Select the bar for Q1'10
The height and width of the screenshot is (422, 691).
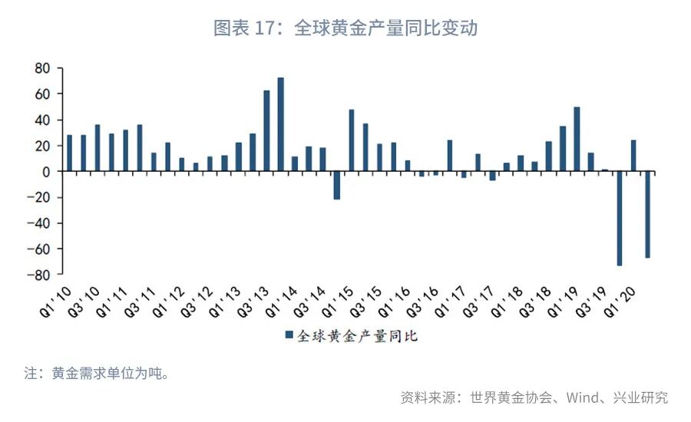click(x=70, y=153)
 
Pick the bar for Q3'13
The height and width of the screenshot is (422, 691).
click(x=266, y=131)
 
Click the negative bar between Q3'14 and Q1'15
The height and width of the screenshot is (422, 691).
click(x=336, y=185)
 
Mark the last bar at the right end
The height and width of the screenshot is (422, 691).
click(x=647, y=214)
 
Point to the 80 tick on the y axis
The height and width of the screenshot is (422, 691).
click(x=42, y=68)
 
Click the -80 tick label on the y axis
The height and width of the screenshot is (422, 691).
click(x=38, y=275)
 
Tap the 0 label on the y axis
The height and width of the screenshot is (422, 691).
click(x=46, y=172)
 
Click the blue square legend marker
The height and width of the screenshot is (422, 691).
click(x=289, y=335)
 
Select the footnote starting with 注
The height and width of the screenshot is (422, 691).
click(x=96, y=374)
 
